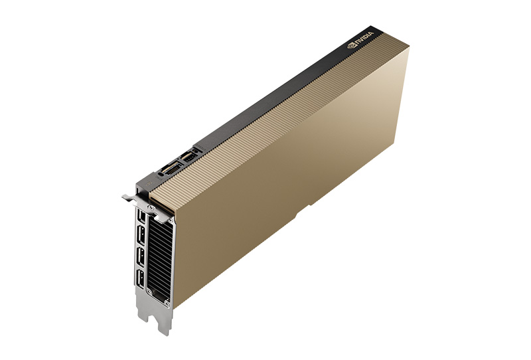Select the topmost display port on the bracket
point(141,216)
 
